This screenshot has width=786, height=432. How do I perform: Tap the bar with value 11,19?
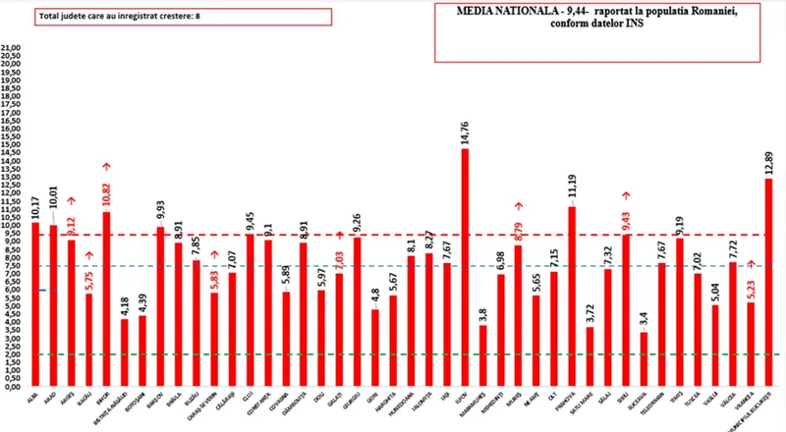tap(572, 296)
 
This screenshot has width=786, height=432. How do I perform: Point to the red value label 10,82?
tap(107, 193)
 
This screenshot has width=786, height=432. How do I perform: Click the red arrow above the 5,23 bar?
tap(752, 264)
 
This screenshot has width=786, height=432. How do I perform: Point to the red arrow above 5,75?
tap(89, 256)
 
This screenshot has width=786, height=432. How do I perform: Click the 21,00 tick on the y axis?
tap(12, 47)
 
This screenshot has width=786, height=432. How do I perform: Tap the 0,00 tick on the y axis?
tap(12, 387)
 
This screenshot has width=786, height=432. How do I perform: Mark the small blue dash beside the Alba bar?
tap(43, 290)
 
